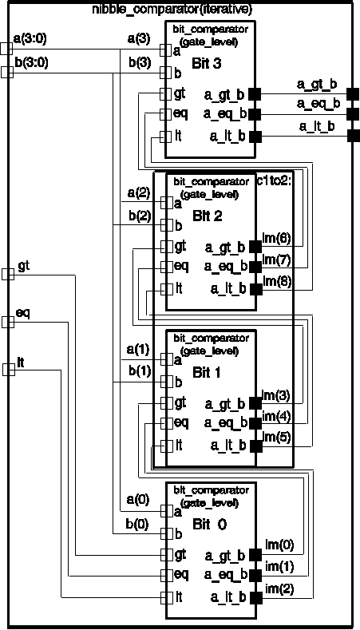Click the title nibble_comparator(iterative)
172,8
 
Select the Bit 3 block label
207,64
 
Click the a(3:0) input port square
6,49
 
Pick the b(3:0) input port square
7,73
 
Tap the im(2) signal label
279,589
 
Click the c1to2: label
276,181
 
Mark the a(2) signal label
139,193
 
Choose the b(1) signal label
139,371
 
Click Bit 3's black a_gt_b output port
255,94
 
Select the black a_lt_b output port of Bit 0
255,597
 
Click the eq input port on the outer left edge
8,322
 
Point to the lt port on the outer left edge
9,369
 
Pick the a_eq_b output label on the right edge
318,104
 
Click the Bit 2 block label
207,216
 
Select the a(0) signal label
138,499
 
